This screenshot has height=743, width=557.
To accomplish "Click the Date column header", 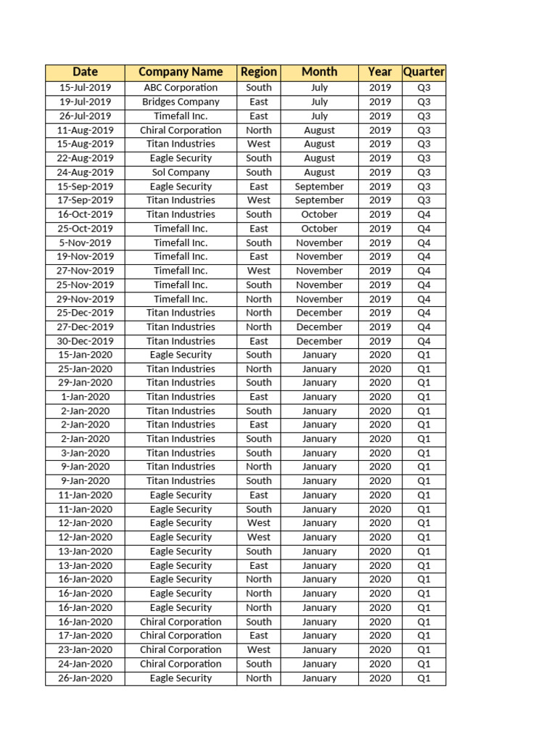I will pyautogui.click(x=85, y=72).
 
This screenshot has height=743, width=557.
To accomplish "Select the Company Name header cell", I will pyautogui.click(x=181, y=72).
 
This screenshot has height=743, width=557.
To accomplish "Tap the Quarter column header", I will pyautogui.click(x=424, y=72).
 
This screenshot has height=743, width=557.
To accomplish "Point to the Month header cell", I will pyautogui.click(x=319, y=72).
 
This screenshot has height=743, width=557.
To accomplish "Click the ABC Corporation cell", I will pyautogui.click(x=181, y=88).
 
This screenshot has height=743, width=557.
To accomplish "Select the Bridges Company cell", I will pyautogui.click(x=181, y=102).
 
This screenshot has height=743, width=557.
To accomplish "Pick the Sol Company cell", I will pyautogui.click(x=181, y=172).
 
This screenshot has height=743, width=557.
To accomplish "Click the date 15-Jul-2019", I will pyautogui.click(x=85, y=88).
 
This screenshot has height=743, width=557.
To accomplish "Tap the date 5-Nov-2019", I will pyautogui.click(x=85, y=242).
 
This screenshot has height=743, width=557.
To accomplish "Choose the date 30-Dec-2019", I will pyautogui.click(x=85, y=341).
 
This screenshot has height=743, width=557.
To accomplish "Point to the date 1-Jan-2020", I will pyautogui.click(x=85, y=397).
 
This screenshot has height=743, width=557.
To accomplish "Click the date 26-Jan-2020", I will pyautogui.click(x=85, y=678).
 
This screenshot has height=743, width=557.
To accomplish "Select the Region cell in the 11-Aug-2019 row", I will pyautogui.click(x=258, y=130).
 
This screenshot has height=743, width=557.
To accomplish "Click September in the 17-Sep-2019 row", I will pyautogui.click(x=319, y=200).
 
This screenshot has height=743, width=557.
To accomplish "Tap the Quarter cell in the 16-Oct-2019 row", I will pyautogui.click(x=424, y=214).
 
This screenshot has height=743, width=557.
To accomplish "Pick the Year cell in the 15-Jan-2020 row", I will pyautogui.click(x=379, y=355).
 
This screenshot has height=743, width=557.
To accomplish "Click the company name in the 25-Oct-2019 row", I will pyautogui.click(x=181, y=229).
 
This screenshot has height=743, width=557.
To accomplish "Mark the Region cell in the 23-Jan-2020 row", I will pyautogui.click(x=258, y=650).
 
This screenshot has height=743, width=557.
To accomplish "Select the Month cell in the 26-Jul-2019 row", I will pyautogui.click(x=319, y=116).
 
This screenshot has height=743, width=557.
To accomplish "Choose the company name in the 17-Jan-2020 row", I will pyautogui.click(x=181, y=636).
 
